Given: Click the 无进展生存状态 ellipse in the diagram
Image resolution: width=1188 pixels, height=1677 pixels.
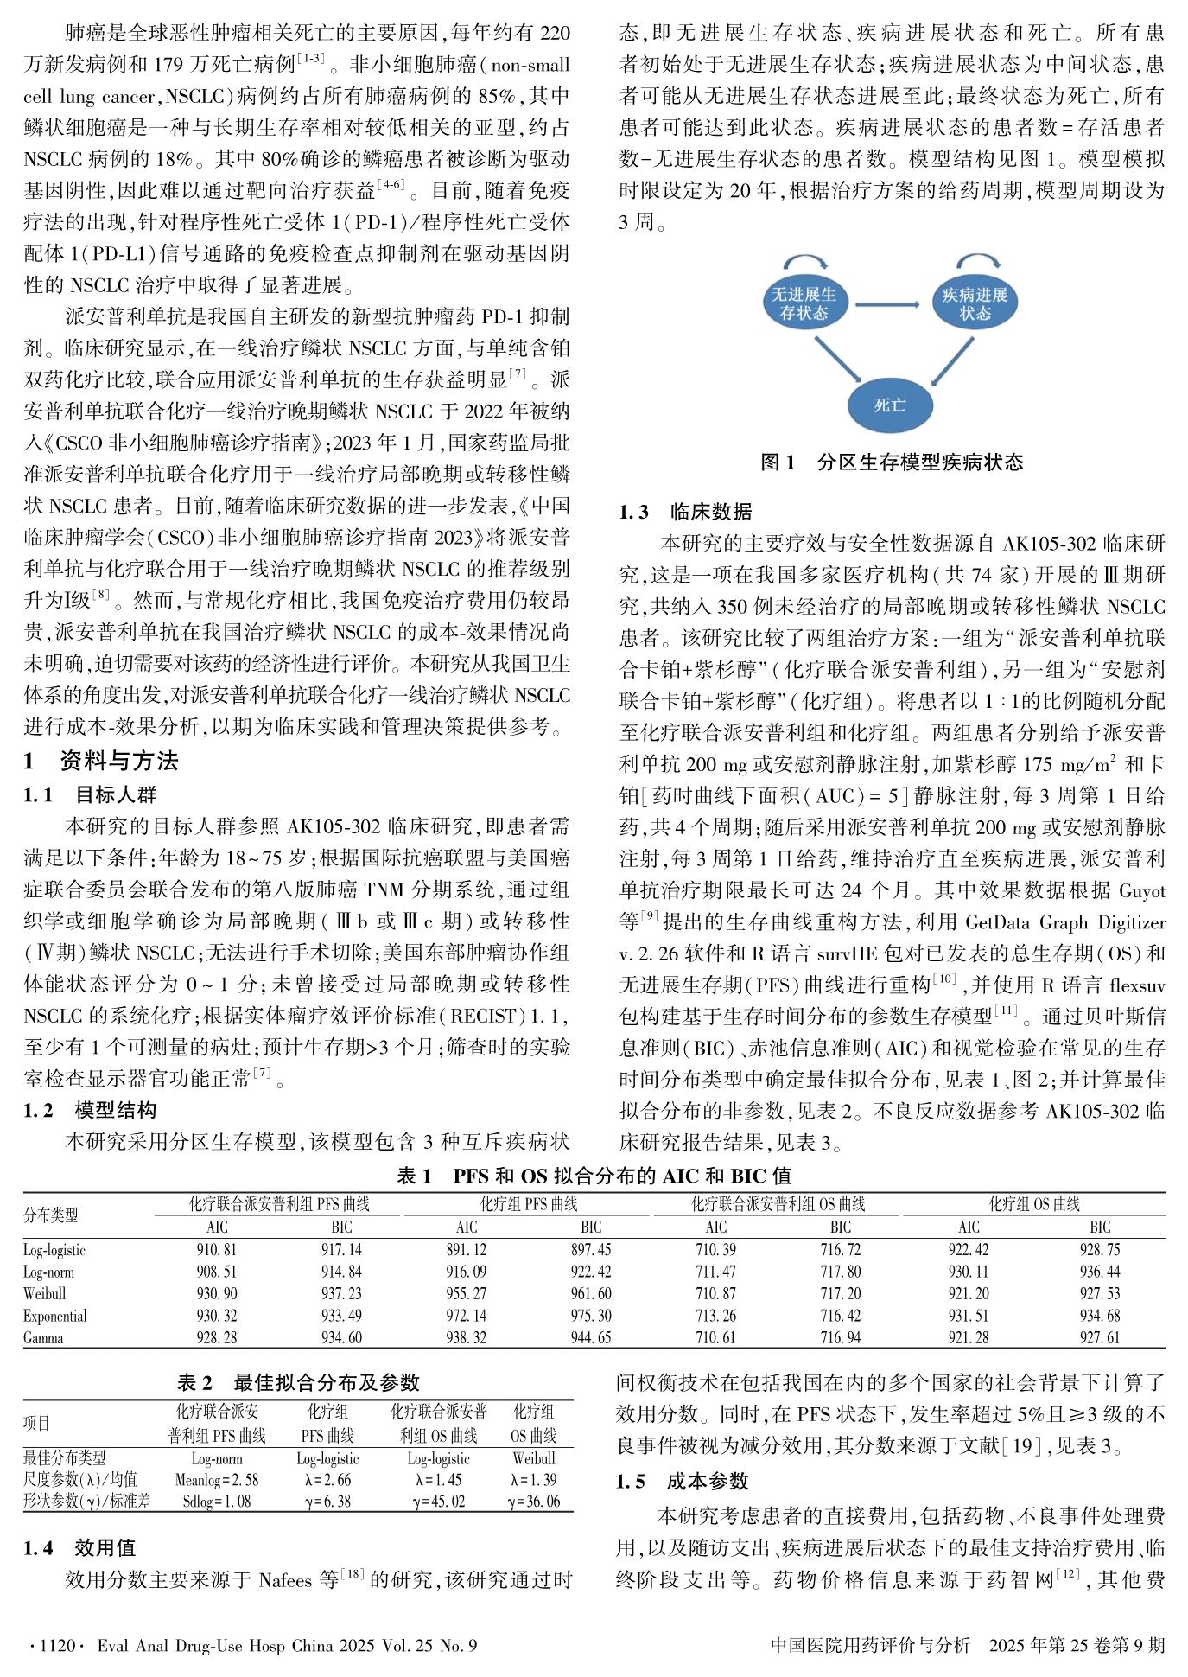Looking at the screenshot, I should pos(804,303).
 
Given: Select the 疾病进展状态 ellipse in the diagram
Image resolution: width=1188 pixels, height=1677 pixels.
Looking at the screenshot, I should pos(975,303).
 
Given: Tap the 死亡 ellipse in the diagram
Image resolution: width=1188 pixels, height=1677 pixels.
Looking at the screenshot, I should pos(890,405).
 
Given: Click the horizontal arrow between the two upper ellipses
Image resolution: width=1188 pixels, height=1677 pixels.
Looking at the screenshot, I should pos(889,303).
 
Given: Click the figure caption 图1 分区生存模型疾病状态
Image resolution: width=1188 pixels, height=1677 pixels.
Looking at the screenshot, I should pos(892,462).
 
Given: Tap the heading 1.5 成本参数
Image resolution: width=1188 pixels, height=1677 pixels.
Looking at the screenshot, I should pos(683,1482).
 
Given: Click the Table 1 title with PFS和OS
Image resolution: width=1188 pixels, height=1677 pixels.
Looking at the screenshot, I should pos(594,1176).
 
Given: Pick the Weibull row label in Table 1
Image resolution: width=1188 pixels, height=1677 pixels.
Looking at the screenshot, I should pos(45,1294).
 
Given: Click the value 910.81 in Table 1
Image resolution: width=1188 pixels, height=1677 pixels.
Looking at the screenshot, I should pos(217,1250).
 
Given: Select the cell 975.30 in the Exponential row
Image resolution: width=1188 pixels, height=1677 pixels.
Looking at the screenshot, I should pos(591,1316).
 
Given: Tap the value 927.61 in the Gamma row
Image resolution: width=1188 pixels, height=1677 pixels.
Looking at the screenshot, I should pos(1100,1338).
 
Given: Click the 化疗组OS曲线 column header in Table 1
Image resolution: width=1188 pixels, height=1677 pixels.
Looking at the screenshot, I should pos(1034,1204).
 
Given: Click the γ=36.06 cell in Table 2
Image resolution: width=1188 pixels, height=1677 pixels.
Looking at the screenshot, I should pos(533,1502).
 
